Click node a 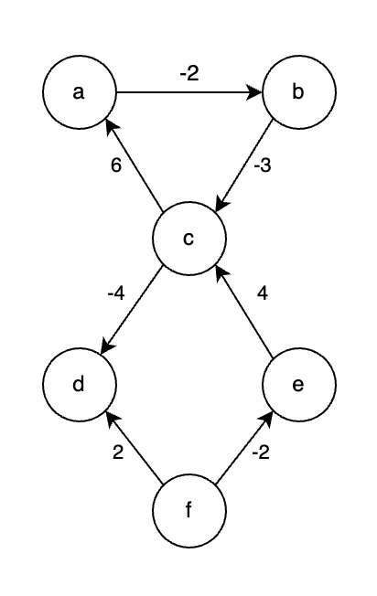click(79, 92)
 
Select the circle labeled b click(299, 92)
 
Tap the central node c click(189, 239)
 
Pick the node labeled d click(79, 385)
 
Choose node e click(299, 385)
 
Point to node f click(189, 510)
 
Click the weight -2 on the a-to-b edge click(189, 73)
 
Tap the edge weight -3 click(263, 165)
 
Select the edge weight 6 click(116, 165)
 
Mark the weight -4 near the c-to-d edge click(116, 293)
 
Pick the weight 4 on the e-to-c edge click(263, 293)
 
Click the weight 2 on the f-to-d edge click(118, 452)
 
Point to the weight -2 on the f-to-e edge click(261, 452)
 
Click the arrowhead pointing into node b click(254, 92)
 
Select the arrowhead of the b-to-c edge click(222, 202)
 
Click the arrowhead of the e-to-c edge click(221, 273)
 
